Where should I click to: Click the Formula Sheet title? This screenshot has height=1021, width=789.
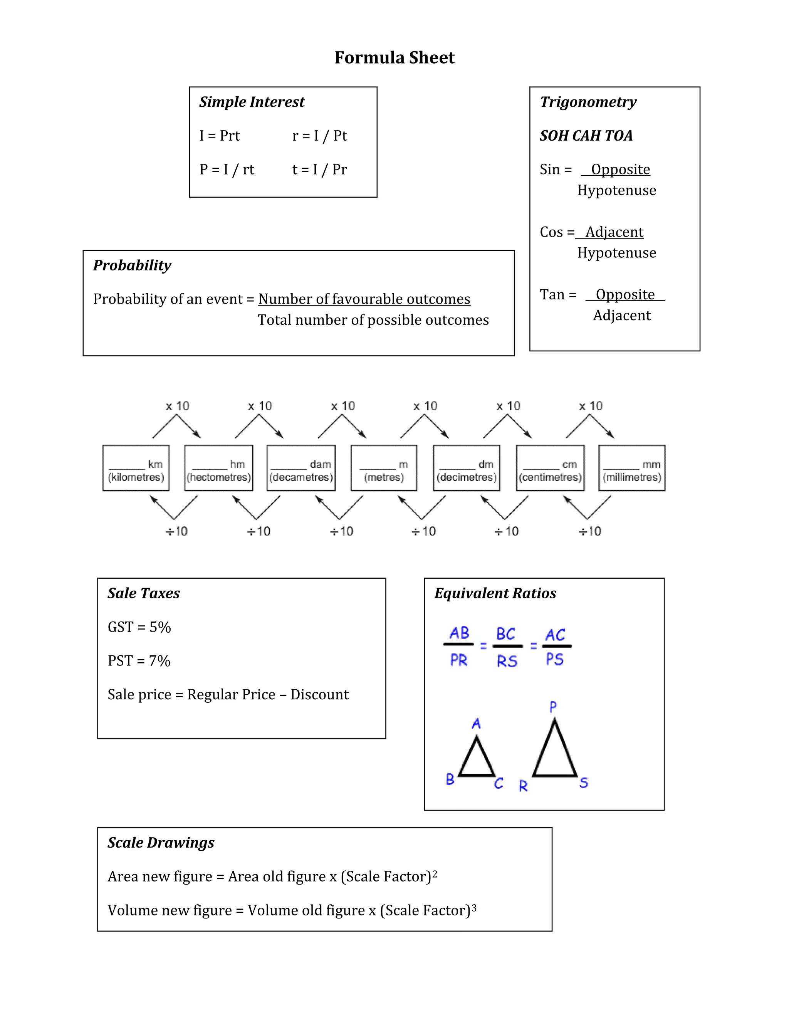click(x=394, y=57)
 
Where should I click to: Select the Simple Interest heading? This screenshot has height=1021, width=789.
click(x=252, y=102)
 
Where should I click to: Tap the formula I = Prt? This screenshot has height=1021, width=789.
click(x=219, y=136)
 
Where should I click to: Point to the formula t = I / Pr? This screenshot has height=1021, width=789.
click(x=319, y=169)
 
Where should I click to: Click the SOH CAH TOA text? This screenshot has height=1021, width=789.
click(x=586, y=136)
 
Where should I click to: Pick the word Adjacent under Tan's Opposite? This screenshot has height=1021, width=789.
click(x=622, y=316)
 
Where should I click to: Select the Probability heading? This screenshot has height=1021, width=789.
click(x=132, y=265)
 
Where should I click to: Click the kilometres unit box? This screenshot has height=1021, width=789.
click(x=136, y=468)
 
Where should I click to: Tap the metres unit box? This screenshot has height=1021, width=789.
click(x=384, y=468)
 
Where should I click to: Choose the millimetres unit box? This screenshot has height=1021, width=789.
click(x=631, y=468)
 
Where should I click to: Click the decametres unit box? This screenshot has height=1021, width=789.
click(x=301, y=468)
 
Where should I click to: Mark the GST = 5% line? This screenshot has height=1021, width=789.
click(x=139, y=627)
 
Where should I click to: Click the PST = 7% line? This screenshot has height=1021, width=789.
click(x=139, y=660)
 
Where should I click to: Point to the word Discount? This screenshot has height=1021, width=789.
click(x=319, y=694)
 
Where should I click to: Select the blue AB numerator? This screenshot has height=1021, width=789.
click(x=459, y=633)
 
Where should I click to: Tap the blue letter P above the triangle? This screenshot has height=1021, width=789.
click(x=553, y=707)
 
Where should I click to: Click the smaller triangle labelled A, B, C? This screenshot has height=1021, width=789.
click(x=476, y=759)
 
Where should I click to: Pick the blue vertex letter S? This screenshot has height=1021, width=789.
click(x=583, y=783)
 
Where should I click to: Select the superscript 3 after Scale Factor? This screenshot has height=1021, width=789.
click(x=474, y=907)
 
